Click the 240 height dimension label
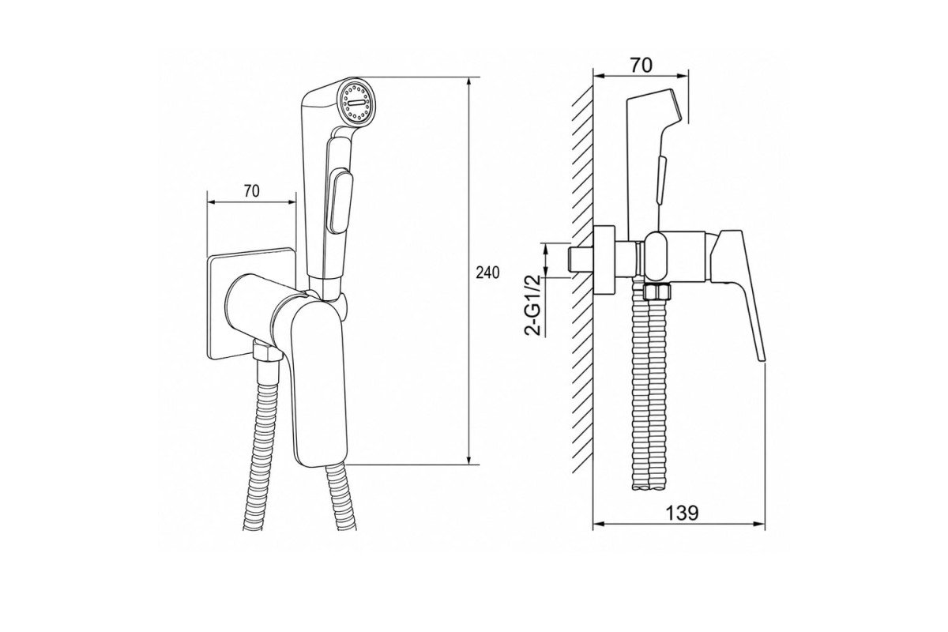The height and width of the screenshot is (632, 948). [487, 273]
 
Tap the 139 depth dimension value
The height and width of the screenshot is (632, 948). [683, 513]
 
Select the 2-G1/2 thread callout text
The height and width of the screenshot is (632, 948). [533, 305]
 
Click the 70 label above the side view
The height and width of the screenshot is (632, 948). [641, 66]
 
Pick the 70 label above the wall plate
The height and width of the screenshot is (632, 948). [251, 191]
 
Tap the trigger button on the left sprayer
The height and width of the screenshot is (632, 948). [341, 201]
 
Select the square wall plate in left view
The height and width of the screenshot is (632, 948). [250, 304]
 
